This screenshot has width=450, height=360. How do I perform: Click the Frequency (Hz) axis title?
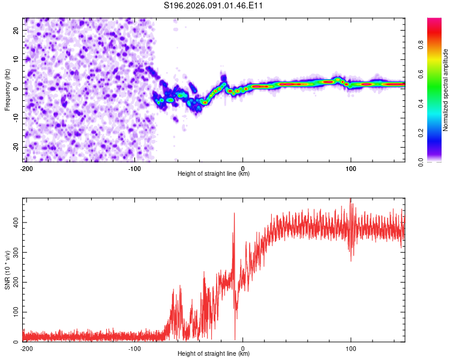[7, 89]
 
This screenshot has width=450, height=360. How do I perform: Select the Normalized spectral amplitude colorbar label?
[446, 90]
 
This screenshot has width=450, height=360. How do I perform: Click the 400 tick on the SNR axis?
[14, 222]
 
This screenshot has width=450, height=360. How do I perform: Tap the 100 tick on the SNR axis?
[14, 312]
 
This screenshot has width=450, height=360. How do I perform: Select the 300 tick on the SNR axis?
[14, 252]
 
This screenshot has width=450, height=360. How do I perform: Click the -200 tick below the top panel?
[26, 169]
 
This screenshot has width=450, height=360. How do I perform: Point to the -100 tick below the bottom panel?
[134, 349]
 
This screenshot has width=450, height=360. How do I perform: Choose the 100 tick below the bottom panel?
[350, 349]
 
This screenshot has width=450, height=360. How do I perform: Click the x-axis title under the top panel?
[214, 174]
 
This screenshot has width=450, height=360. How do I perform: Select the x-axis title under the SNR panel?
[214, 354]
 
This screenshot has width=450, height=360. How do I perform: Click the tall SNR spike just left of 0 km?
[234, 214]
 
